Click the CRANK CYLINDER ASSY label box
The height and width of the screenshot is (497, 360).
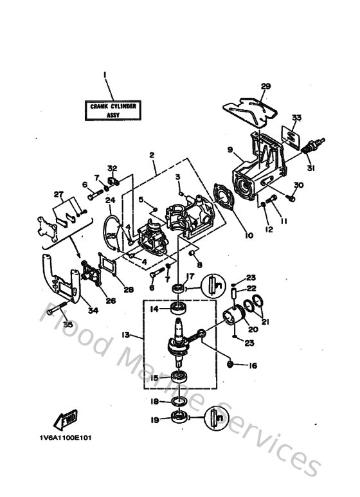point(113,110)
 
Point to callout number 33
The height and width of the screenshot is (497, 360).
point(297,117)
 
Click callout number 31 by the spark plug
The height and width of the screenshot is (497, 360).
point(311,168)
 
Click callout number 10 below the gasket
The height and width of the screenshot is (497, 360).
point(249,235)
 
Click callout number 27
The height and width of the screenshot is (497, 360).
point(59,194)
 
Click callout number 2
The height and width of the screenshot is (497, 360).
point(152,155)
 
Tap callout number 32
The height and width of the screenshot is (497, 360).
point(112,168)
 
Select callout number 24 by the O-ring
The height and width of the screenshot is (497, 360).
point(110,199)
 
